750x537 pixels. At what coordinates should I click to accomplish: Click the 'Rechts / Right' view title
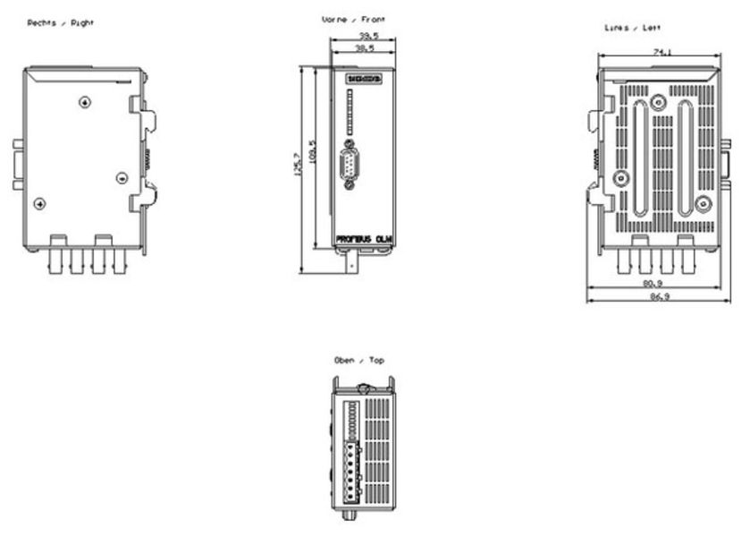61,22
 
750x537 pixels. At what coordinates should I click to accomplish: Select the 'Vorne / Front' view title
354,19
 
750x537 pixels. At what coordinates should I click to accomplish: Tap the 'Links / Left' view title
633,28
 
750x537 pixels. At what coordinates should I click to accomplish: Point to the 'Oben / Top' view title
359,360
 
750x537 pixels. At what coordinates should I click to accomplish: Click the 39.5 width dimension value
363,37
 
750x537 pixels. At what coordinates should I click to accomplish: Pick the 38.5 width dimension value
363,47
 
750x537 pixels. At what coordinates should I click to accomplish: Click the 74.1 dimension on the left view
660,53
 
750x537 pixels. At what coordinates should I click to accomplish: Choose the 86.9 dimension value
658,296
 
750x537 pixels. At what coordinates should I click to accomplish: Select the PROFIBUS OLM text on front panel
363,239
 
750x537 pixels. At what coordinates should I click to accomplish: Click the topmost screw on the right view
84,102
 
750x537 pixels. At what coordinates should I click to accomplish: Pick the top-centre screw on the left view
659,102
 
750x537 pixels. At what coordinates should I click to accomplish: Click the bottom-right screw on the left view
703,204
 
